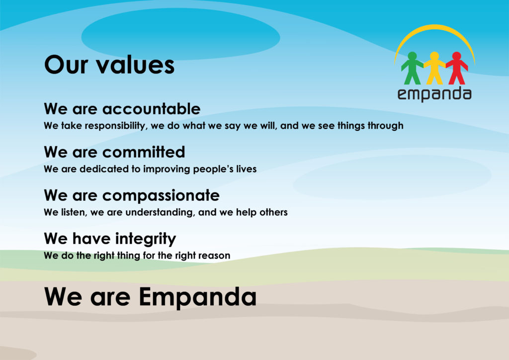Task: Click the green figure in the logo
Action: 412,69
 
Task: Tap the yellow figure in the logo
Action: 434,69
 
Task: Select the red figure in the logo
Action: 457,69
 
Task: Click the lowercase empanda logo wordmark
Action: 434,94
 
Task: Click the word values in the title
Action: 136,65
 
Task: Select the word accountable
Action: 151,109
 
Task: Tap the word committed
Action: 144,152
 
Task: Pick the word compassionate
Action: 161,196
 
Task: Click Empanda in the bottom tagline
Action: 198,297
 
